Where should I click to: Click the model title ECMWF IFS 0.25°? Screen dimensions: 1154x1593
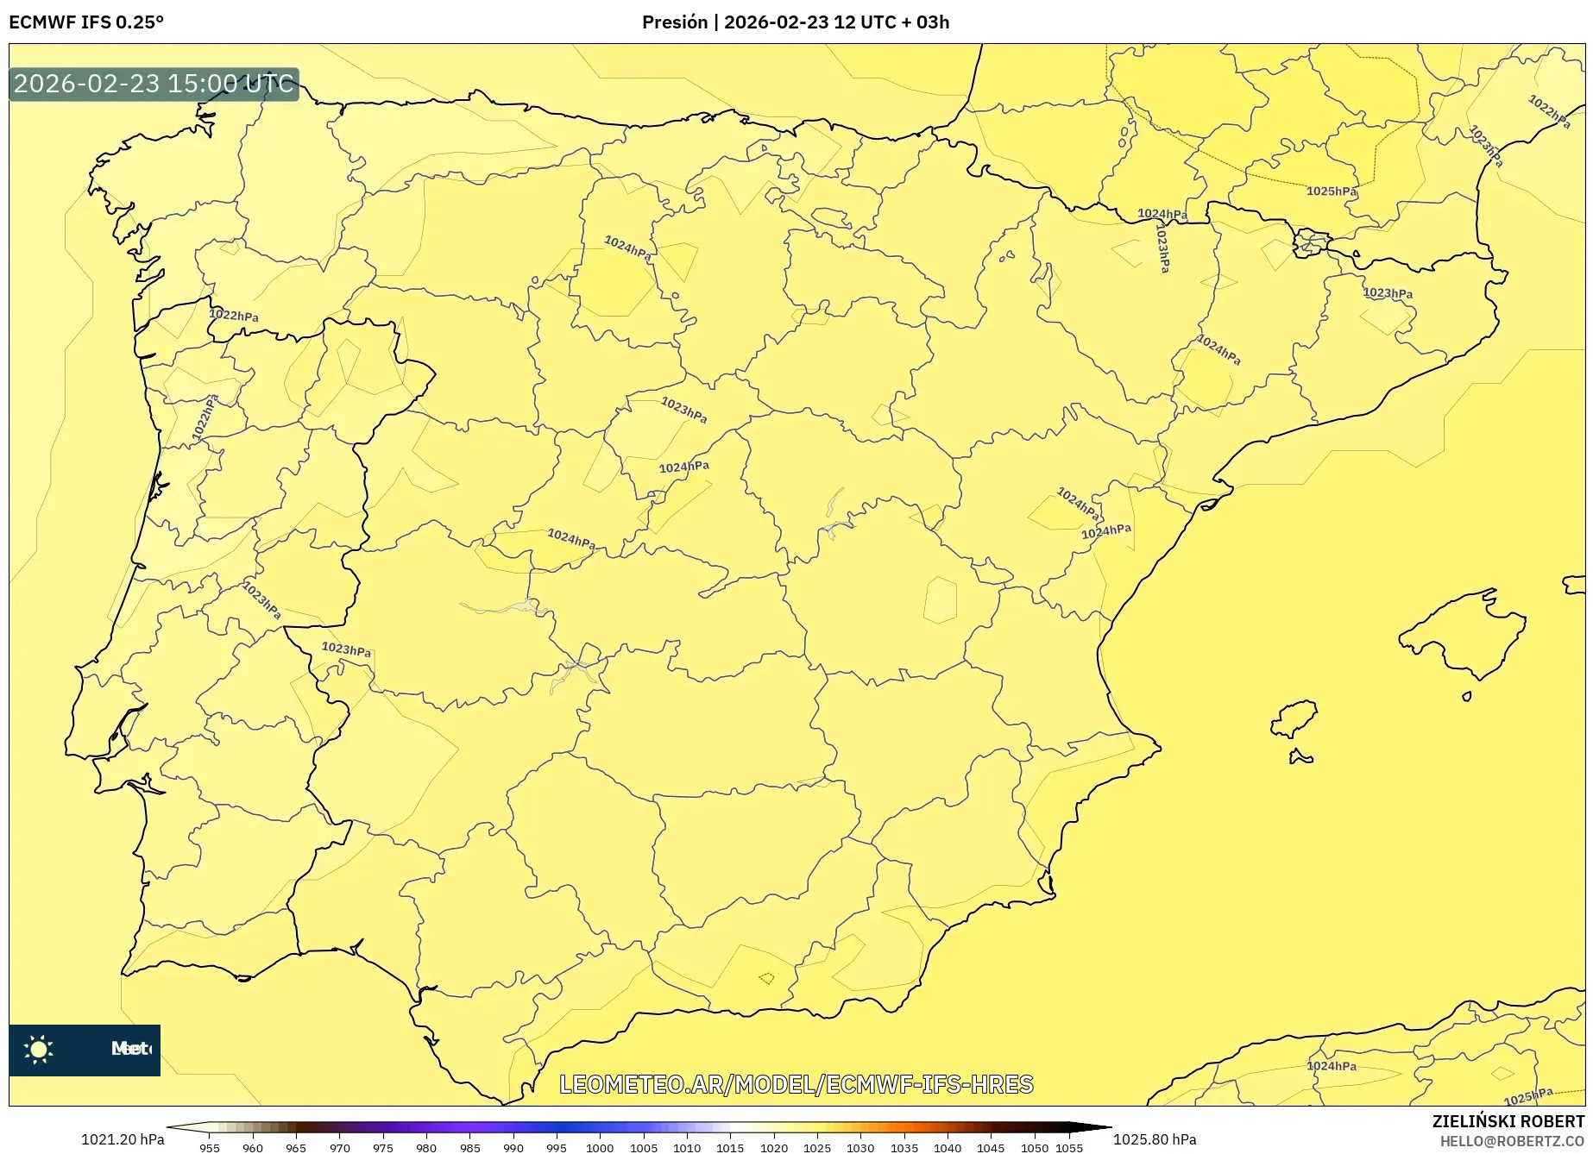pyautogui.click(x=86, y=22)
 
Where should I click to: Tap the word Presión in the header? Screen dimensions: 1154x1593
pyautogui.click(x=674, y=22)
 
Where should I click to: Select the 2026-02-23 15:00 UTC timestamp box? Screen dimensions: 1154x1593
pyautogui.click(x=154, y=85)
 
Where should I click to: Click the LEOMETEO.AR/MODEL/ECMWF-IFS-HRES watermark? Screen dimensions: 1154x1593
pyautogui.click(x=796, y=1084)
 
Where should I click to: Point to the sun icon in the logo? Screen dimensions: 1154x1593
pyautogui.click(x=39, y=1049)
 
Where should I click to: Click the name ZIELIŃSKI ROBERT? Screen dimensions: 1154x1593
pyautogui.click(x=1508, y=1121)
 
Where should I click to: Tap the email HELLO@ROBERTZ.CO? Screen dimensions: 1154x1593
pyautogui.click(x=1511, y=1141)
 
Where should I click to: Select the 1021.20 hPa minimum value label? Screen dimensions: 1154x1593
pyautogui.click(x=123, y=1139)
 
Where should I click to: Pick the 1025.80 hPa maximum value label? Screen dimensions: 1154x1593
pyautogui.click(x=1155, y=1139)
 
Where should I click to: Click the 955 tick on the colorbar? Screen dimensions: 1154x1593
pyautogui.click(x=210, y=1147)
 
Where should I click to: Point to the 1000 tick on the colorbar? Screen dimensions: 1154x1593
pyautogui.click(x=600, y=1147)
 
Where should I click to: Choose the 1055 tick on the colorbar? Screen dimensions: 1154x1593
pyautogui.click(x=1069, y=1147)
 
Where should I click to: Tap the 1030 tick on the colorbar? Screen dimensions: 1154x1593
pyautogui.click(x=860, y=1147)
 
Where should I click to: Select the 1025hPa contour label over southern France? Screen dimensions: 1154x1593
pyautogui.click(x=1331, y=191)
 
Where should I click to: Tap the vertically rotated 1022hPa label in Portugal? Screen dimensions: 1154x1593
pyautogui.click(x=205, y=417)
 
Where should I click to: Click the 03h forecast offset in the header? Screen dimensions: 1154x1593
pyautogui.click(x=933, y=22)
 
